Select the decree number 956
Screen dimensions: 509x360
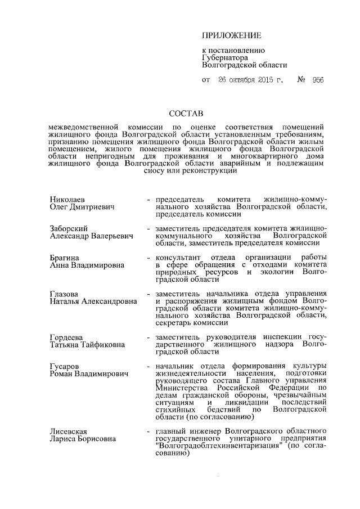318,80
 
